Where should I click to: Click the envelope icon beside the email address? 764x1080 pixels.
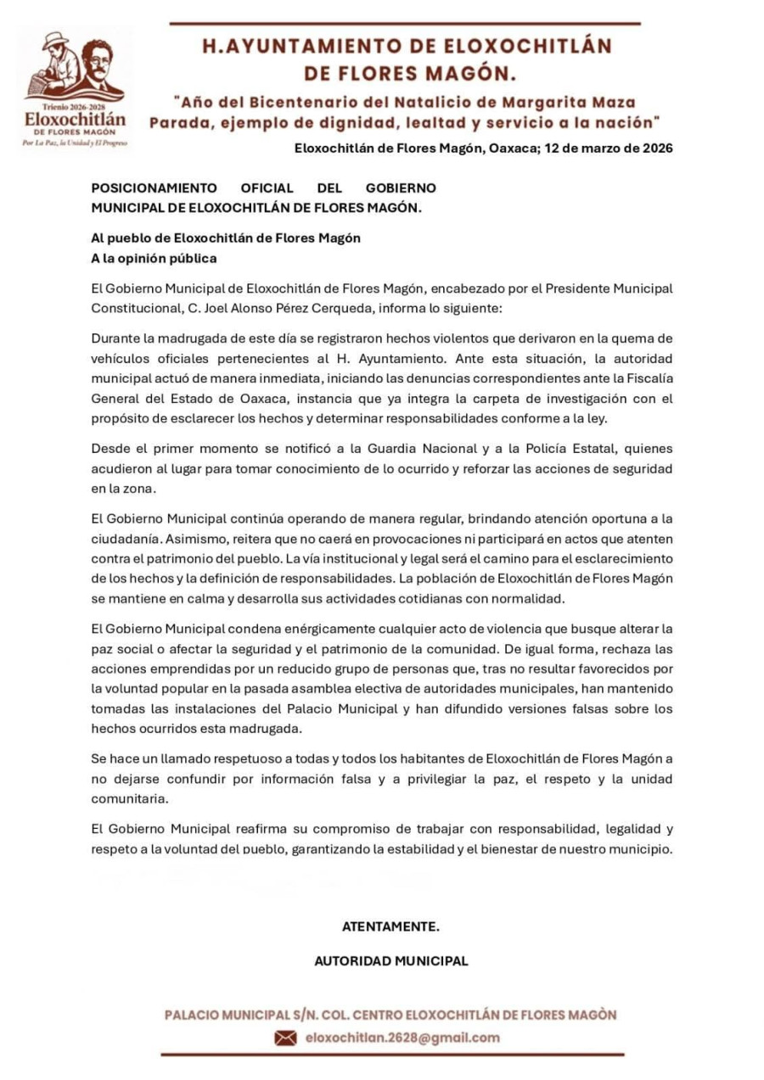pyautogui.click(x=285, y=1038)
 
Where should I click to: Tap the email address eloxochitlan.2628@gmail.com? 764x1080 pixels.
pyautogui.click(x=402, y=1038)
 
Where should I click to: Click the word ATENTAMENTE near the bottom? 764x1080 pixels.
pyautogui.click(x=390, y=926)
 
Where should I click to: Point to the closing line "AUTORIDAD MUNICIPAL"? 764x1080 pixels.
pyautogui.click(x=390, y=961)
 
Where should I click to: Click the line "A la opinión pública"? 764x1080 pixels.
pyautogui.click(x=154, y=258)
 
